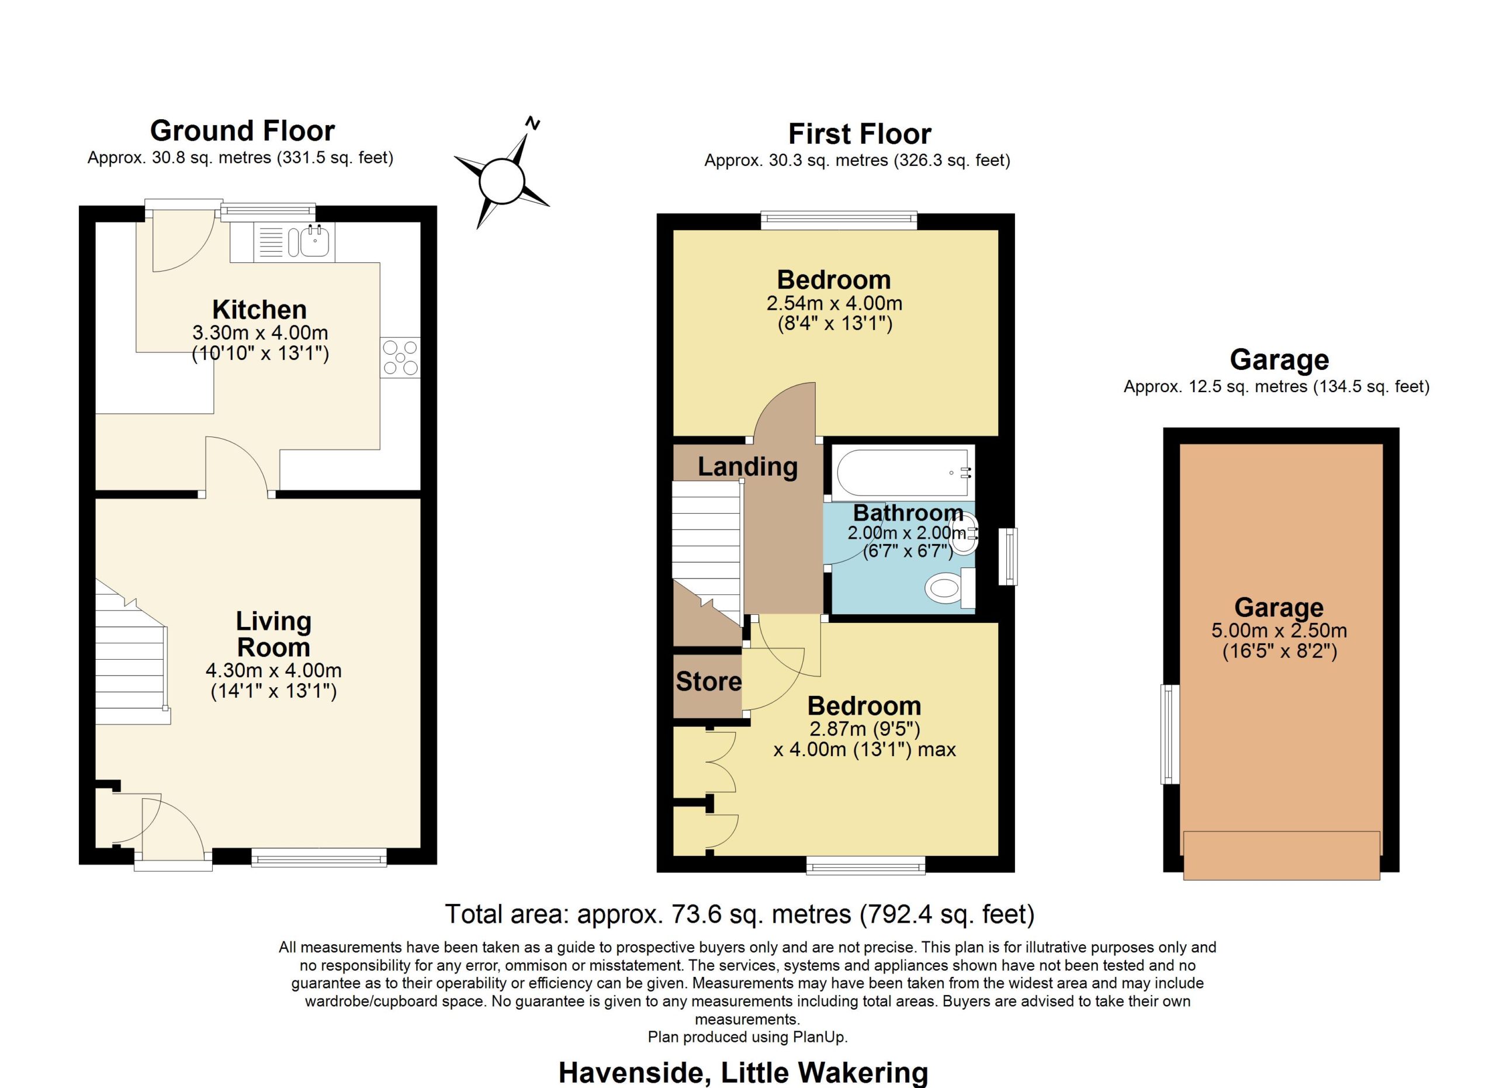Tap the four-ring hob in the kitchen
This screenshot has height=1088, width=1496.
coord(400,358)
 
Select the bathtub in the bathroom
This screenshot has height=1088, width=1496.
coord(903,473)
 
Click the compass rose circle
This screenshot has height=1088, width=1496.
coord(501,181)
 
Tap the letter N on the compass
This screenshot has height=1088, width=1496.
coord(532,123)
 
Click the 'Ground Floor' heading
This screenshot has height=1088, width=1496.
coord(243,130)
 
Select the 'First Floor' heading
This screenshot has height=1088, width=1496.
coord(860,134)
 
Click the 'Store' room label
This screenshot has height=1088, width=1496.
coord(708,681)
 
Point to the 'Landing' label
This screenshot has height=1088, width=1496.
coord(748,467)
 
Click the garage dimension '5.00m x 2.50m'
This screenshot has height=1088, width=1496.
coord(1279,630)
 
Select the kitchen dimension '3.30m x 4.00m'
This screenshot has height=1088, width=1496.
coord(260,332)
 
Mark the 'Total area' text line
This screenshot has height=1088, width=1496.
coord(740,914)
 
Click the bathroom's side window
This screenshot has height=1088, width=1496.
coord(1008,556)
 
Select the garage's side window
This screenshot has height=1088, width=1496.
coord(1170,734)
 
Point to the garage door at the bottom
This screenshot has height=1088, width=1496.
coord(1281,855)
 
